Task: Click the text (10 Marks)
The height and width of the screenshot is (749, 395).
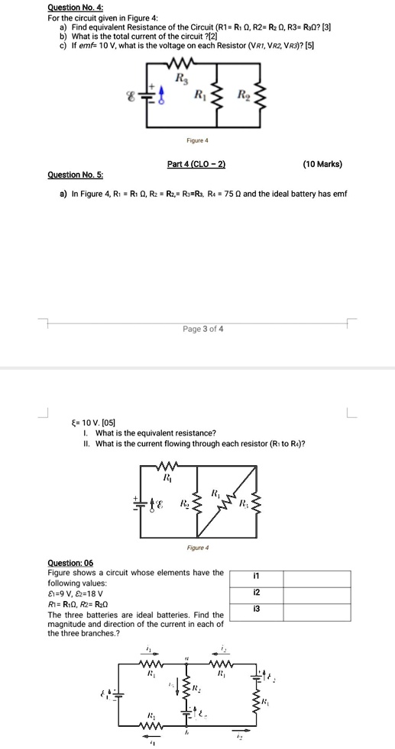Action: coord(322,165)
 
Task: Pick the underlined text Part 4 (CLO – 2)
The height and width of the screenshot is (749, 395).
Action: coord(196,165)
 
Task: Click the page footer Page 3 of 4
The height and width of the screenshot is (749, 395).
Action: coord(203,329)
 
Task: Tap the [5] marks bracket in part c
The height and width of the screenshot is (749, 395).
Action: coord(309,45)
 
